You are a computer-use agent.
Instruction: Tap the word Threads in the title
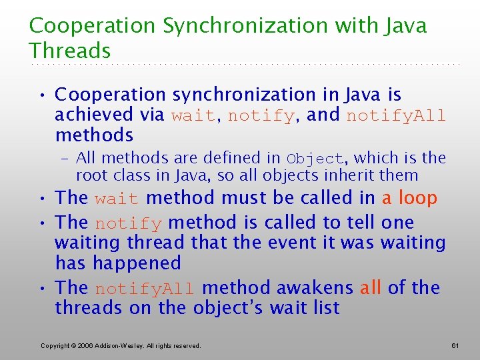(x=69, y=51)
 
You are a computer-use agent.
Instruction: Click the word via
(x=152, y=115)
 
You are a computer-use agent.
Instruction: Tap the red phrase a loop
(x=409, y=198)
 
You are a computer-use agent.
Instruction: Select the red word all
(x=370, y=288)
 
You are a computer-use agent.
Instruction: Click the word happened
(x=137, y=263)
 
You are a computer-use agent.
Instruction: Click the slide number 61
(x=456, y=345)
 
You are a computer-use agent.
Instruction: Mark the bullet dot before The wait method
(x=42, y=199)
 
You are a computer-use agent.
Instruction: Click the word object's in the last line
(x=228, y=309)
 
